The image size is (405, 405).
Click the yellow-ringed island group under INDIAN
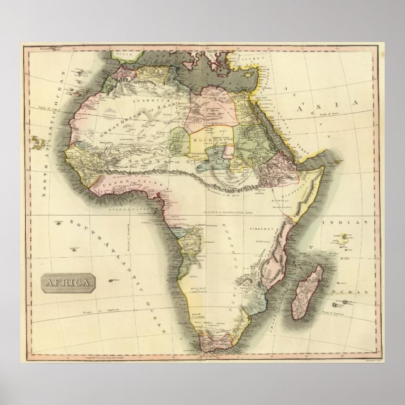345,237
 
